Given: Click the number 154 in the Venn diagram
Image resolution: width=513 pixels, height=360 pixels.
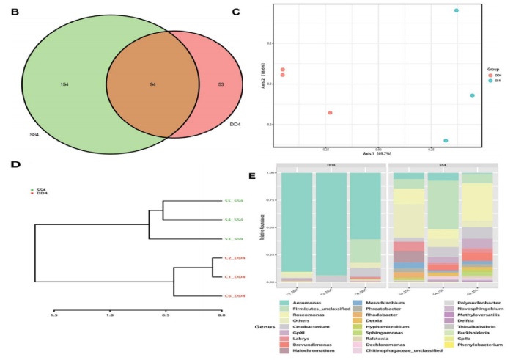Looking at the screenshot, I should click(64, 85).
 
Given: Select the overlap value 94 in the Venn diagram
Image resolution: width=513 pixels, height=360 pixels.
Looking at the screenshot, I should click(153, 85).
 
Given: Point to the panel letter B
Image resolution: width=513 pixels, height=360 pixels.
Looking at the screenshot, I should click(10, 12).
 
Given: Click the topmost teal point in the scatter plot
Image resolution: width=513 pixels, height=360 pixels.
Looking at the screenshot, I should click(457, 11).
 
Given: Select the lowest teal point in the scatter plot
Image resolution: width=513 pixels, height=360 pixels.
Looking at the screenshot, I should click(445, 140).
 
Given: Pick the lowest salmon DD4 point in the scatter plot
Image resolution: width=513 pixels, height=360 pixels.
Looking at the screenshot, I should click(330, 112).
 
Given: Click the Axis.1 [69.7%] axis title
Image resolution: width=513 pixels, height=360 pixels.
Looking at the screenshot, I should click(378, 153).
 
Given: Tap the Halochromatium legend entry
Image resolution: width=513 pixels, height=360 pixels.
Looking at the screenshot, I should click(309, 351).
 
